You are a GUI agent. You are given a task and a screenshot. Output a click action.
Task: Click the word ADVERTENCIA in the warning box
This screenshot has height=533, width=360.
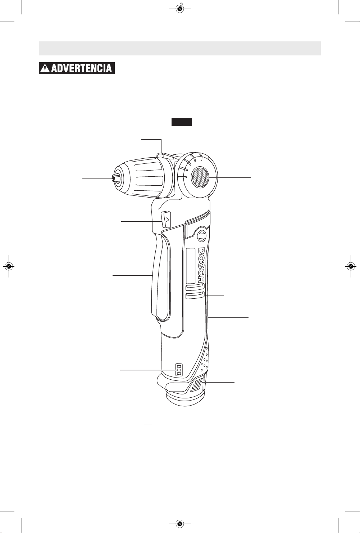pyautogui.click(x=81, y=68)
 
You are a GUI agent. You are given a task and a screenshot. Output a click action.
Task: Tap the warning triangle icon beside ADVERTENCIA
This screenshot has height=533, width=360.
pyautogui.click(x=45, y=68)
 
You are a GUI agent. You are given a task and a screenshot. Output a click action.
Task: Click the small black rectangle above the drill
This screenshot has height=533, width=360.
pyautogui.click(x=181, y=122)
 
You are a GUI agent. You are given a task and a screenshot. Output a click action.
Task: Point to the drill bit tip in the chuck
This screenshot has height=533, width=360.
pyautogui.click(x=113, y=179)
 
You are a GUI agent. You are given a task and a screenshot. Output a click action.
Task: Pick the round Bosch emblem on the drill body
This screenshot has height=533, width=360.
pyautogui.click(x=202, y=235)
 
